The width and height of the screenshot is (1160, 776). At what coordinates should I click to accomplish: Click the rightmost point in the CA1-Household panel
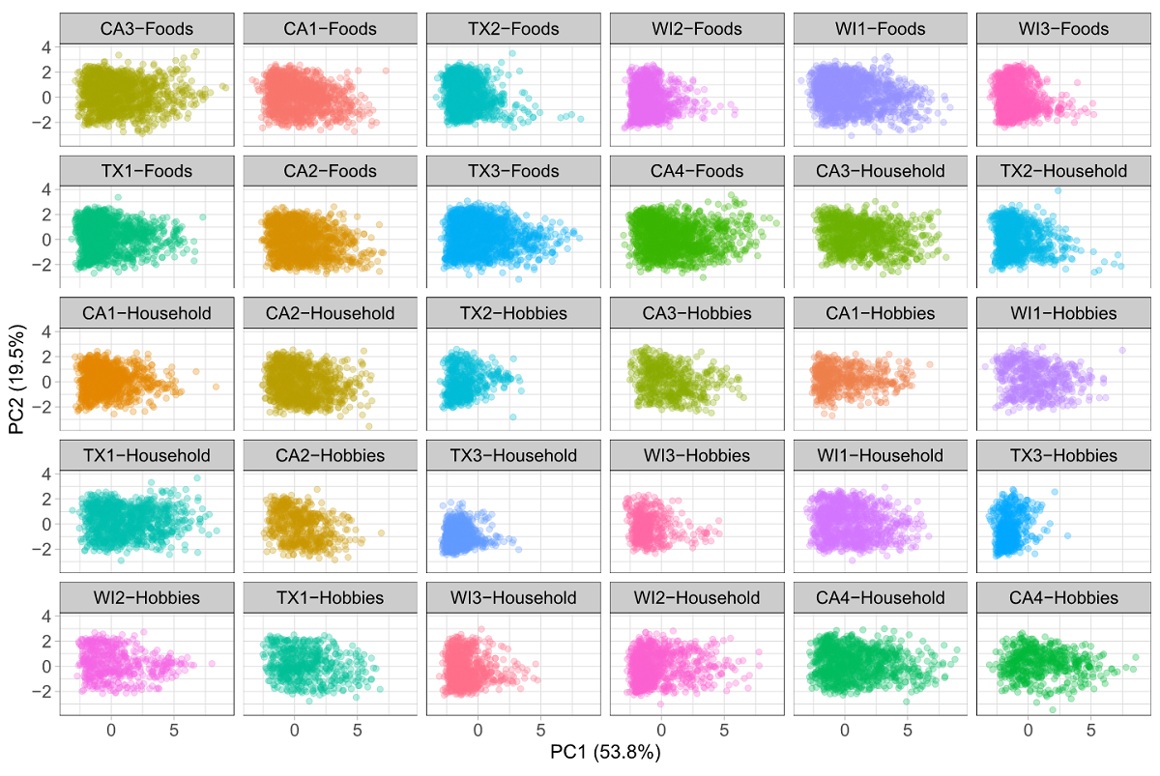[x=216, y=387]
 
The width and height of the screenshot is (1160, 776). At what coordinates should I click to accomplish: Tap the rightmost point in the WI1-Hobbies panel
[x=1122, y=351]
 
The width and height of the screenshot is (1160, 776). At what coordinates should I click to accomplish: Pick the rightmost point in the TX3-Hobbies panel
[x=1067, y=535]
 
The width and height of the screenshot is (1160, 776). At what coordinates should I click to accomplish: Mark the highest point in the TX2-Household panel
[x=1058, y=190]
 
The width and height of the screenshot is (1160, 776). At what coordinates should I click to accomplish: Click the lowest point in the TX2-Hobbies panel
[x=512, y=417]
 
